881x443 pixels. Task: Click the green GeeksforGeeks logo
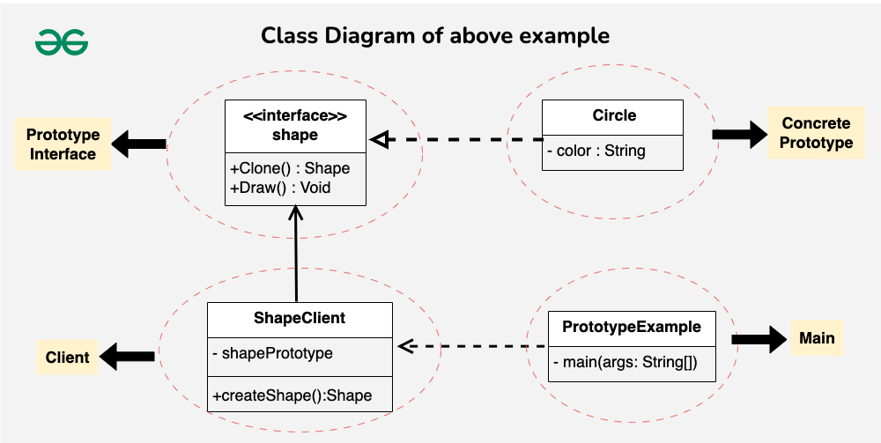pyautogui.click(x=62, y=41)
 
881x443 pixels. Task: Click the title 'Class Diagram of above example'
pyautogui.click(x=435, y=36)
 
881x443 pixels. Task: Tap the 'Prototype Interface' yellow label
pyautogui.click(x=62, y=144)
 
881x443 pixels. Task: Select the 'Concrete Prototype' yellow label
pyautogui.click(x=817, y=133)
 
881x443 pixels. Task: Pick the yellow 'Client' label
pyautogui.click(x=67, y=357)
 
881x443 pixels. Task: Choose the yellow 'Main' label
pyautogui.click(x=817, y=338)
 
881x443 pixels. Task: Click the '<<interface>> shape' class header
pyautogui.click(x=295, y=125)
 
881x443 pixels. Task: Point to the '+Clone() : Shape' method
pyautogui.click(x=290, y=168)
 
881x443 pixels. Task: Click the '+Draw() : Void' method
pyautogui.click(x=281, y=188)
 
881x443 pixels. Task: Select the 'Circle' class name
pyautogui.click(x=614, y=115)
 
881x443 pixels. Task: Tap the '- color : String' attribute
pyautogui.click(x=596, y=151)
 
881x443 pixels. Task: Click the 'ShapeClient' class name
pyautogui.click(x=300, y=318)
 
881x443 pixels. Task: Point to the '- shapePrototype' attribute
pyautogui.click(x=273, y=353)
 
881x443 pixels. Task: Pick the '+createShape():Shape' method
pyautogui.click(x=292, y=395)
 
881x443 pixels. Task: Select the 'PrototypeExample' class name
pyautogui.click(x=632, y=327)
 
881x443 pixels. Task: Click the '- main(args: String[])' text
pyautogui.click(x=625, y=362)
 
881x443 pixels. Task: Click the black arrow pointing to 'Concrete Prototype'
pyautogui.click(x=741, y=134)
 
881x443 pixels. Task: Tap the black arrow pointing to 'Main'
pyautogui.click(x=759, y=339)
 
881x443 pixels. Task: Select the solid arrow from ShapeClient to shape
pyautogui.click(x=297, y=255)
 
